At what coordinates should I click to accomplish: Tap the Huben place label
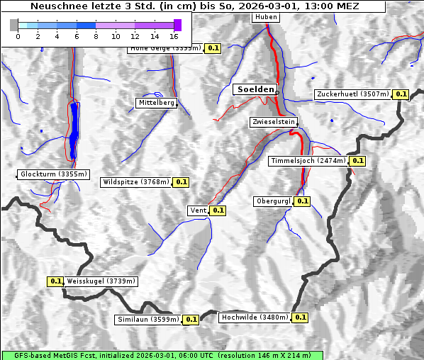pos(265,17)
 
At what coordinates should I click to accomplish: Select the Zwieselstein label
pos(273,122)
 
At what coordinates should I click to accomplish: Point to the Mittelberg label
pos(156,103)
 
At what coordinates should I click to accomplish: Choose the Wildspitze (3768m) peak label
pos(136,182)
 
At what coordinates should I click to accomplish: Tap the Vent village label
pos(198,210)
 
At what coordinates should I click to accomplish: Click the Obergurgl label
pos(273,201)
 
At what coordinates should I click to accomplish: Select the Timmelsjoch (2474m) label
pos(309,161)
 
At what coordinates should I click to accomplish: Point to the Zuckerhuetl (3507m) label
pos(353,94)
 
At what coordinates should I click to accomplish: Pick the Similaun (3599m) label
pos(148,320)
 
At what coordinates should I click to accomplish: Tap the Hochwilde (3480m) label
pos(255,317)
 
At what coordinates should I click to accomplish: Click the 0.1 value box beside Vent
pos(218,210)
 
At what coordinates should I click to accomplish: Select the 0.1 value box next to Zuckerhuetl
pos(401,94)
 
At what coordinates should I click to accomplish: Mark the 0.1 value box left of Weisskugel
pos(56,281)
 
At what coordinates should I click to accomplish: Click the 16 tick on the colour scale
pos(174,35)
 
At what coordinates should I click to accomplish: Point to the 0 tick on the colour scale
pos(18,35)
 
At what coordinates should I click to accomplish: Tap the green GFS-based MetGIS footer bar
pos(162,355)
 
